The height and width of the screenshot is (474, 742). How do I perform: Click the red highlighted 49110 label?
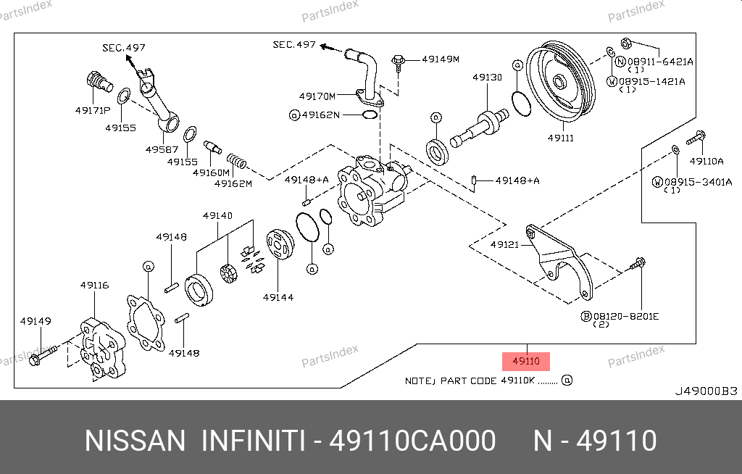point(526,361)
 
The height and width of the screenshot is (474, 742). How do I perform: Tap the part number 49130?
point(487,77)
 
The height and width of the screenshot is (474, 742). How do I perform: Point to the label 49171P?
point(92,110)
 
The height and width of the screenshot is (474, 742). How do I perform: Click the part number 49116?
point(94,285)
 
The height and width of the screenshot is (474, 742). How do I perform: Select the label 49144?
point(278,296)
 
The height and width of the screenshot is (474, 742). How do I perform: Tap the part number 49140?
point(217,216)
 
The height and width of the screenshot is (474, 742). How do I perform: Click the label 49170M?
point(317,96)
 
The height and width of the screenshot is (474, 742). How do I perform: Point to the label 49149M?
point(441,59)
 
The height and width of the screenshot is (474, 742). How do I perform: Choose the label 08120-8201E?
point(625,316)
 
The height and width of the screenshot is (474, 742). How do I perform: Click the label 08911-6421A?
point(660,62)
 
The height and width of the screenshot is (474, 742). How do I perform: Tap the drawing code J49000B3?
point(706,391)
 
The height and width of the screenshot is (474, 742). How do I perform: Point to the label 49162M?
point(233,183)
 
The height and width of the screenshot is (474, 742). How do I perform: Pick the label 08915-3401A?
point(699,181)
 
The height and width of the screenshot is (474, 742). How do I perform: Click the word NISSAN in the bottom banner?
point(135,441)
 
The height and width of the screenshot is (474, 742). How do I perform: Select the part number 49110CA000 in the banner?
point(413,441)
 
